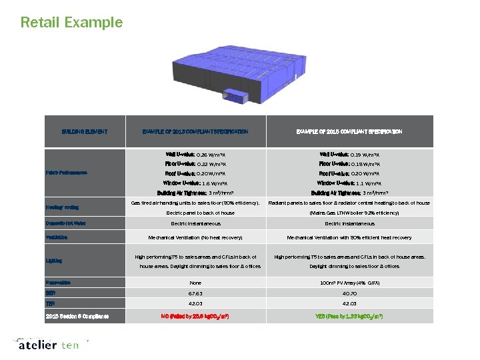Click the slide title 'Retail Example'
coord(71,22)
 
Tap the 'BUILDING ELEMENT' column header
coord(85,131)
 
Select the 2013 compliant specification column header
coord(195,131)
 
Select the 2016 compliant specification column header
coord(349,131)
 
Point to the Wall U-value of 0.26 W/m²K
coord(195,153)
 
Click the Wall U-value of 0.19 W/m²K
coord(349,153)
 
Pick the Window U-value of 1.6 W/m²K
coord(195,183)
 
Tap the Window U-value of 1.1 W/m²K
coord(349,183)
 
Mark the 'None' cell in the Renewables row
coord(195,283)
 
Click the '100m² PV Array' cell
coord(349,283)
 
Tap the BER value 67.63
coord(195,293)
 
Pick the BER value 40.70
coord(349,293)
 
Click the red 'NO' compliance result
coord(195,315)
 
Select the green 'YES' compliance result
coord(349,315)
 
